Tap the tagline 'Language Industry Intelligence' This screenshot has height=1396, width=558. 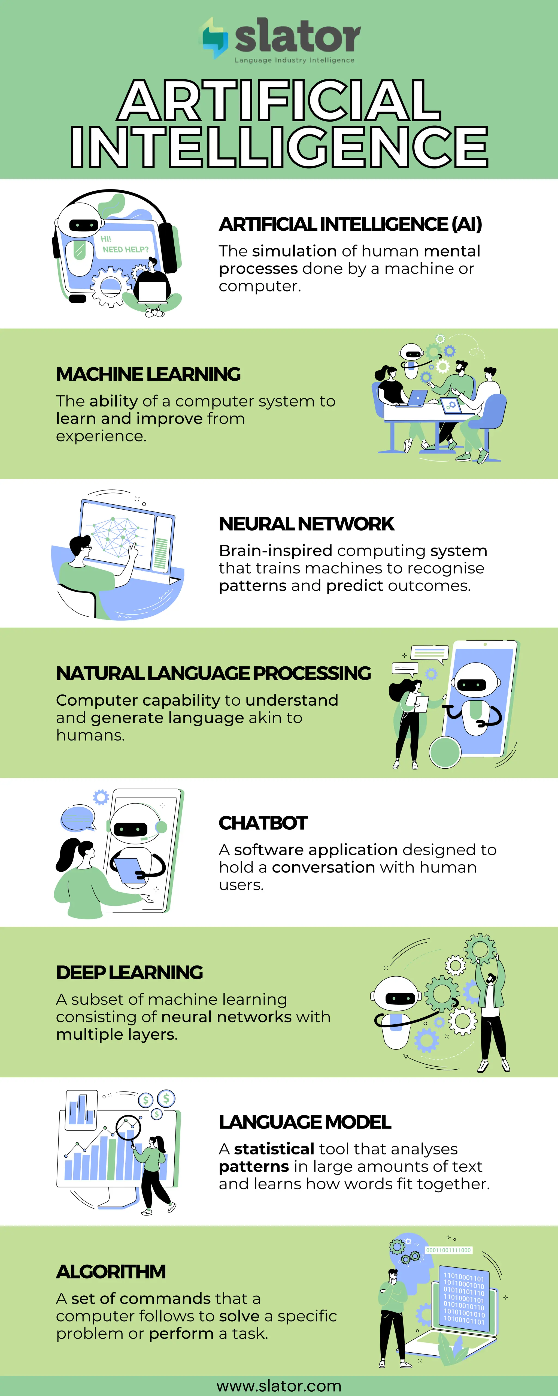click(x=294, y=60)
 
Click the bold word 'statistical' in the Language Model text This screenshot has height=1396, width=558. click(x=274, y=1149)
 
